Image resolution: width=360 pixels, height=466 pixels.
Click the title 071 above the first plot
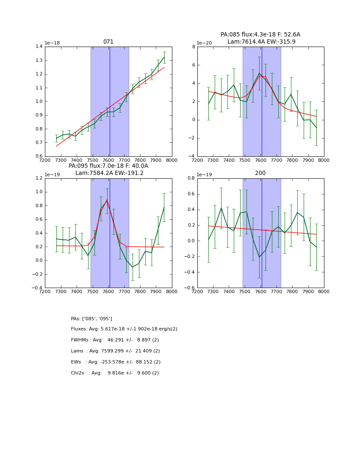tap(108, 42)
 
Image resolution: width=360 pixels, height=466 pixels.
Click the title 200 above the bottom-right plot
tap(260, 173)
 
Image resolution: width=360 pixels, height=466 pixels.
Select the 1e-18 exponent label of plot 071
tap(53, 43)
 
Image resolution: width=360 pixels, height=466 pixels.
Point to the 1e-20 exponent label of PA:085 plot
tap(205, 43)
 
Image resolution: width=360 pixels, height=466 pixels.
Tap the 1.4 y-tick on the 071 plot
tap(39, 47)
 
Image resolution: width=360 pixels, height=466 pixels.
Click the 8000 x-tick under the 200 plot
tap(324, 291)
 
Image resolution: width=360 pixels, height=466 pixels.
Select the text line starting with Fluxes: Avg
tap(124, 329)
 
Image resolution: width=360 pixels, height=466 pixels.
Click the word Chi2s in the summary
tap(79, 373)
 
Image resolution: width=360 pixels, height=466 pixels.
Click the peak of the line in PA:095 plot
tap(107, 200)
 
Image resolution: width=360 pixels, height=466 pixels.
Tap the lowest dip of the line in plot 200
tap(259, 257)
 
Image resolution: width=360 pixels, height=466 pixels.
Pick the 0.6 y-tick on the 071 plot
tap(39, 156)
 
